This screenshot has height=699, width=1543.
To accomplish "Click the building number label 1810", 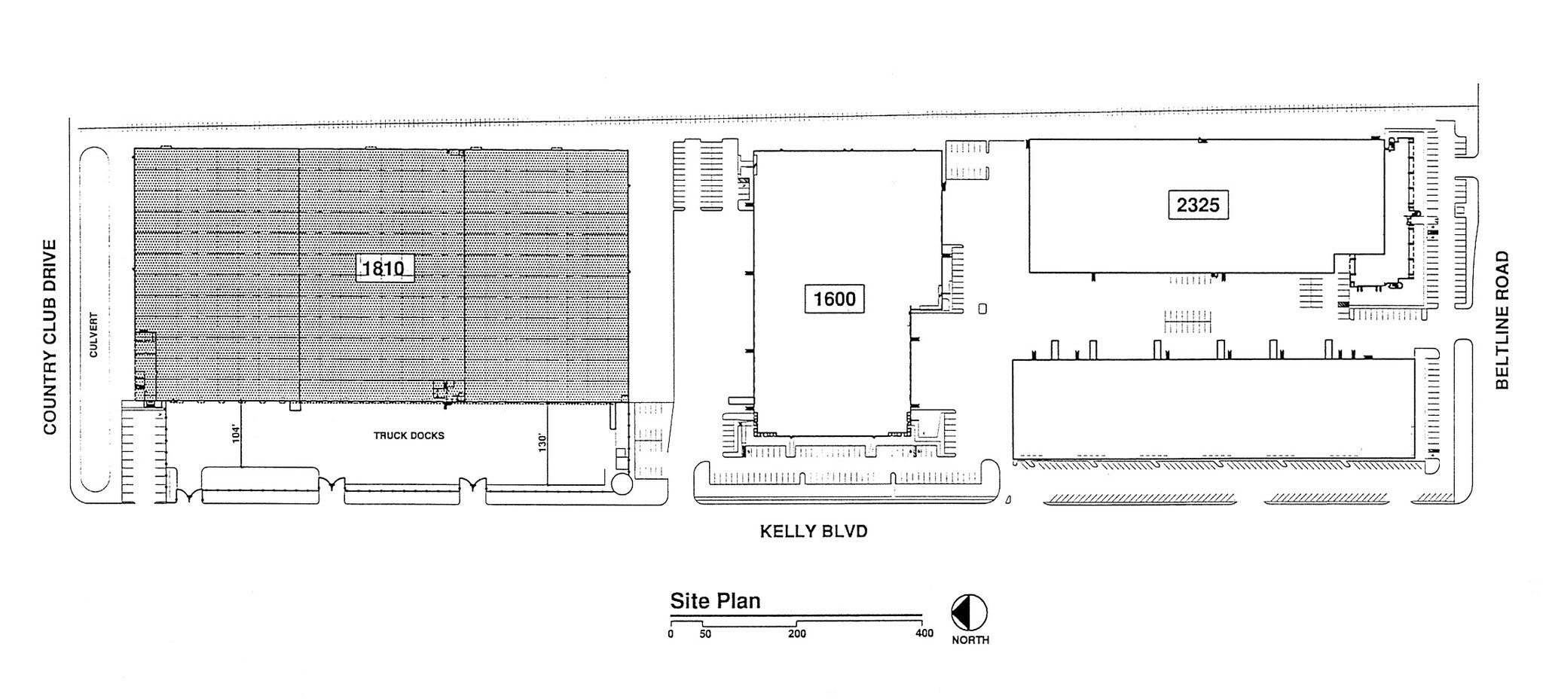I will pos(384,268).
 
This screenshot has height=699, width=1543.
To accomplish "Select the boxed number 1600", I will pos(834,299).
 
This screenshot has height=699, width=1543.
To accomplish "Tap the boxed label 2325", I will pos(1198,205).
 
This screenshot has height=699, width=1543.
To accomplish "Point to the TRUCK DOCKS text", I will pos(409,435).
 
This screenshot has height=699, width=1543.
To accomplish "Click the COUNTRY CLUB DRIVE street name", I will pos(50,337).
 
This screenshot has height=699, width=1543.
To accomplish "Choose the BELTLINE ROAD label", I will pos(1502,320).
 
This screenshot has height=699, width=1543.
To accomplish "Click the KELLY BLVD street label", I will pos(813,532).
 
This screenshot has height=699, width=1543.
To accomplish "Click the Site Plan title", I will pos(715,601).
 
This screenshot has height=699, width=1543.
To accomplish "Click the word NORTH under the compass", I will pos(970,640).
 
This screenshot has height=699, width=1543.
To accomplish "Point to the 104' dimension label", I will pos(236,433).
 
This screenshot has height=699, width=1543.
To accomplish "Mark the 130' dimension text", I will pos(541,441).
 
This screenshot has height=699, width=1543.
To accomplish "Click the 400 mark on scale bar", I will pos(924,633).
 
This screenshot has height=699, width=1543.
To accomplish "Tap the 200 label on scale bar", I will pos(796,634).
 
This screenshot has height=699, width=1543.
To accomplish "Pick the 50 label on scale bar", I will pos(704,634).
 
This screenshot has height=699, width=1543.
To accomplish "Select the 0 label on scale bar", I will pos(671,634).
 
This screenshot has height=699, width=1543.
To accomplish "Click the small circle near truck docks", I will pos(622,484).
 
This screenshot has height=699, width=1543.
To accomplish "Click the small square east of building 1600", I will pos(982,308).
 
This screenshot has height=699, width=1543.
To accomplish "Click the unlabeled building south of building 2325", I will pos(1212,408).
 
